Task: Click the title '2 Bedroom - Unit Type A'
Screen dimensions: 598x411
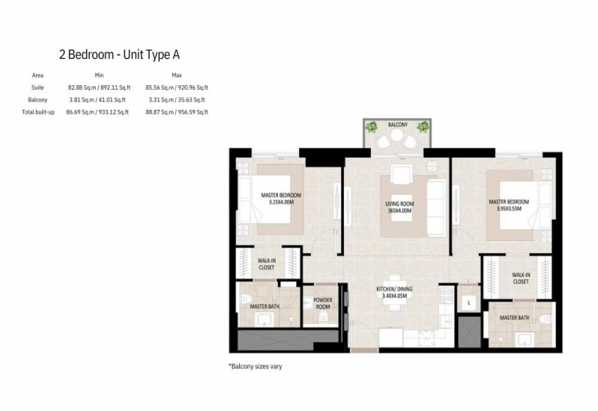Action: (120, 55)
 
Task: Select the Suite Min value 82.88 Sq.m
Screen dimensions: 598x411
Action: (81, 87)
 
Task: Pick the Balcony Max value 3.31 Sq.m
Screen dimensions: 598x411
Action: (159, 99)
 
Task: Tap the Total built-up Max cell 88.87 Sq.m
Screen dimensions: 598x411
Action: (159, 112)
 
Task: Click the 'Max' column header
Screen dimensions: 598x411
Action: (176, 75)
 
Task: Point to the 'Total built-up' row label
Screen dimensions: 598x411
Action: (38, 112)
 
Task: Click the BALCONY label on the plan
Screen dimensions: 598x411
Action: (398, 125)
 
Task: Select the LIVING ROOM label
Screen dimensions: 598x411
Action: (399, 204)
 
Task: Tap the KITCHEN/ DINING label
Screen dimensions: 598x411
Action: (395, 289)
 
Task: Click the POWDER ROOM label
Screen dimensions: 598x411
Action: (323, 303)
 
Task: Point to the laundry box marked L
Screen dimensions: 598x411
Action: (469, 303)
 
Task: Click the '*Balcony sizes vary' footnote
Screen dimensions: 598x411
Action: (255, 366)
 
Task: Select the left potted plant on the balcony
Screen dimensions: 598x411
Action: (371, 126)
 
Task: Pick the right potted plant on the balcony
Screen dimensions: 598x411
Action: (422, 126)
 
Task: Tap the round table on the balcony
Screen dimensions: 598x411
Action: (397, 135)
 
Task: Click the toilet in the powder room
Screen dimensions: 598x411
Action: (324, 316)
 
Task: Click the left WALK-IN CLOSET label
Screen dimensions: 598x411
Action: (266, 264)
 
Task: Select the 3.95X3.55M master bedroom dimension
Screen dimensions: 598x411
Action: (509, 208)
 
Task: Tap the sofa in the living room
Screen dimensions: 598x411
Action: (437, 208)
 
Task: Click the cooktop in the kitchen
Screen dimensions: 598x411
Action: (446, 295)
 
